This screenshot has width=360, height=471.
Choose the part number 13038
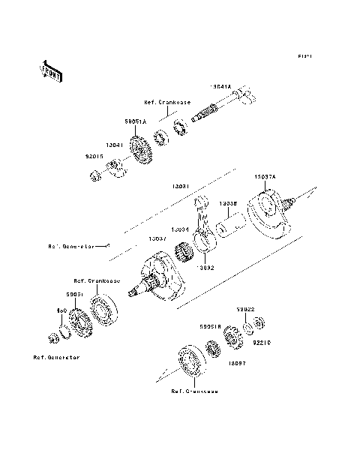[229, 202]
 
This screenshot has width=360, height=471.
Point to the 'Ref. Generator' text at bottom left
[56, 357]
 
